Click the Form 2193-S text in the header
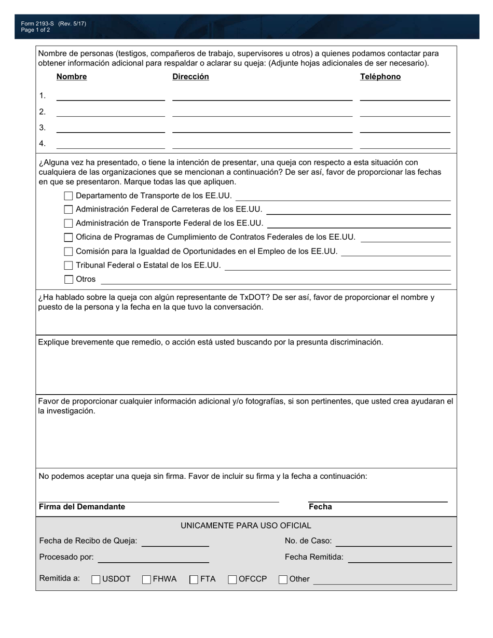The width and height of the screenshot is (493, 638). coord(37,24)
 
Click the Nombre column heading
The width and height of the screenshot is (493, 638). coord(72,77)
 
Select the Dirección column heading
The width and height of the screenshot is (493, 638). coord(190,77)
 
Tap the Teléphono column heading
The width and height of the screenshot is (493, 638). coord(380,77)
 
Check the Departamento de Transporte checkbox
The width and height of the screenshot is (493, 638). coord(69,196)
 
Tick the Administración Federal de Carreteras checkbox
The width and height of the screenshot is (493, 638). coord(69,210)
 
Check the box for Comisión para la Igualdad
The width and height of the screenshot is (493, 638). coord(69,252)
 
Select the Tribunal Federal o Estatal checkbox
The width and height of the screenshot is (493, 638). coord(69,266)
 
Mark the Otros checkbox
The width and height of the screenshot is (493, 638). coord(69,280)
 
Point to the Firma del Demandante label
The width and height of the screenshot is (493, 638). coord(82,507)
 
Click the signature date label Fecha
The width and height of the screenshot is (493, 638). coord(320,507)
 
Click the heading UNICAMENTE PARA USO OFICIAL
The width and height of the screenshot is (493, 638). coord(246,525)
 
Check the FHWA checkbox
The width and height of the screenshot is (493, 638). coord(147,579)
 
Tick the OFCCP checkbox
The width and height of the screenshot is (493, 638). coord(232,579)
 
